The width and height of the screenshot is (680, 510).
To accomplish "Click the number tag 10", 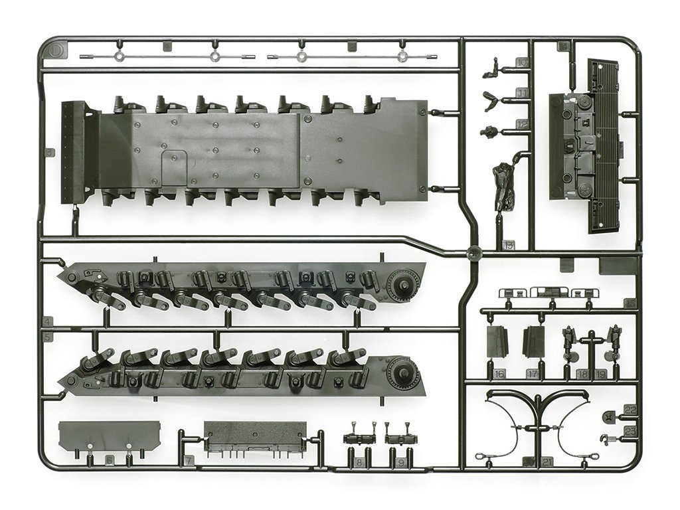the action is click(522, 63).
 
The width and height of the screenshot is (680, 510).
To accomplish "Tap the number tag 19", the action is click(602, 375).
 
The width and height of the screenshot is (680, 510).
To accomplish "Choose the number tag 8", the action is click(359, 461).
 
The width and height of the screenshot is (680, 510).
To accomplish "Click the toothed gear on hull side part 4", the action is click(400, 287).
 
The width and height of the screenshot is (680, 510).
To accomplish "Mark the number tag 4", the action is click(47, 322).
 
